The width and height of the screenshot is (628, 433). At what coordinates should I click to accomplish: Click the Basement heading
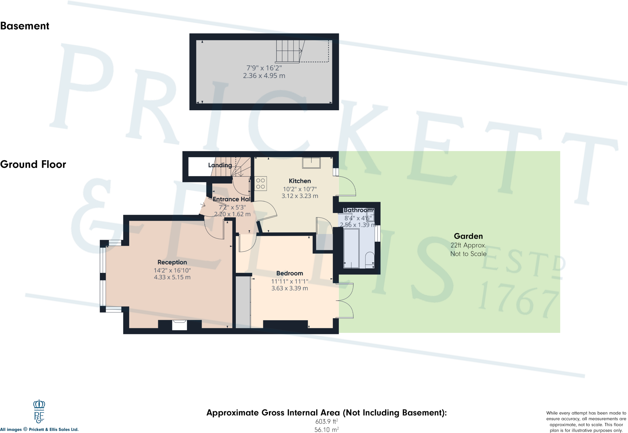pos(25,26)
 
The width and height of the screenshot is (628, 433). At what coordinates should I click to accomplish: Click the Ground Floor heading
pos(33,164)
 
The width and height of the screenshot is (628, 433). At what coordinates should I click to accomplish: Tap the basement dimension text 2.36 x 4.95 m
pos(264,76)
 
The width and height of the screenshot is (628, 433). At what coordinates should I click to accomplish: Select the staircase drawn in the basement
pos(288,51)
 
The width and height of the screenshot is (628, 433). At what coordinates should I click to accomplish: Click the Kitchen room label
pos(300,181)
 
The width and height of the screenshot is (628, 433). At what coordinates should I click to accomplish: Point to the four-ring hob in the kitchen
pos(260,184)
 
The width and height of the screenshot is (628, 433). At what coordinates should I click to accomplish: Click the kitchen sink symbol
pos(311,162)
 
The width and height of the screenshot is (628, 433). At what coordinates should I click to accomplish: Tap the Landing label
pos(220,165)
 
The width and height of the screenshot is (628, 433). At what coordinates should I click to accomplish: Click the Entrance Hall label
pos(232,199)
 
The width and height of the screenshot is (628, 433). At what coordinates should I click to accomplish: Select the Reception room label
pos(172,262)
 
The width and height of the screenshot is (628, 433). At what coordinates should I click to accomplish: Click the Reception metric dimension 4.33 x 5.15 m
pos(172,277)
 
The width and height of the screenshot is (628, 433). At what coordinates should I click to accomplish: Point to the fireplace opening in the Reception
pos(179,325)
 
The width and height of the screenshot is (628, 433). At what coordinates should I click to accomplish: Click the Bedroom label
pos(289,273)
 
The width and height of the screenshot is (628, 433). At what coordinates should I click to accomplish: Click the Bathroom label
pos(358,210)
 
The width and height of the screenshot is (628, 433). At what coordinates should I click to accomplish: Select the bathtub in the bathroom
pos(351,249)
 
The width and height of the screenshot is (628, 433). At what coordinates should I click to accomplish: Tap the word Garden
pos(468,236)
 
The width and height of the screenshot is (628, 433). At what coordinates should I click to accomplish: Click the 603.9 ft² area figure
pos(327,422)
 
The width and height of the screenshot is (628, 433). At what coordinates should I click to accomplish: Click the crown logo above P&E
pos(39,404)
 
